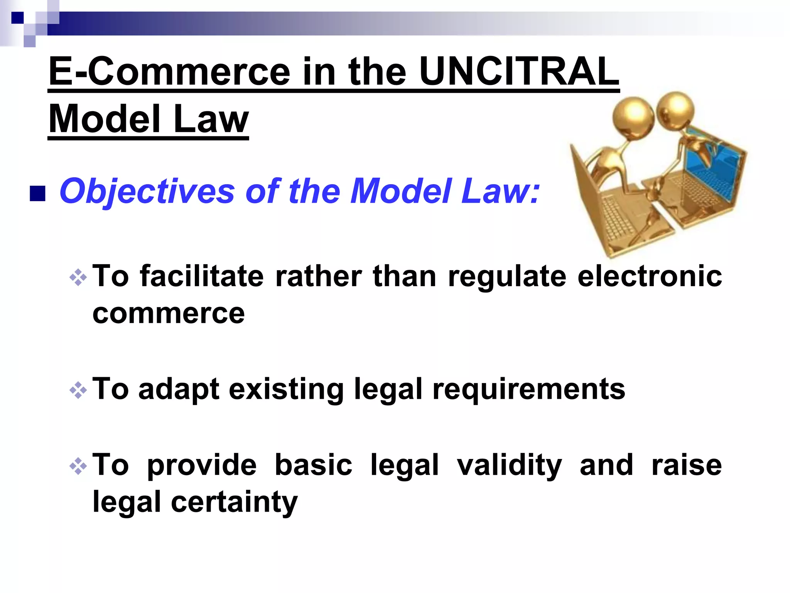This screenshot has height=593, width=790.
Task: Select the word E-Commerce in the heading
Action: tap(169, 72)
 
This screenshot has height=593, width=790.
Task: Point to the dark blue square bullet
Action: tap(37, 194)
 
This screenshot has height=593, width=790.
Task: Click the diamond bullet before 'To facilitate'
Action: tap(78, 277)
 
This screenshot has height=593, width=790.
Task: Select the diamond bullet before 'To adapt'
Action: tap(78, 390)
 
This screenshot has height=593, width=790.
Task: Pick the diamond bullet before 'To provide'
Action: tap(78, 466)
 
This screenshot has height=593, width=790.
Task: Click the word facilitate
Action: tap(202, 276)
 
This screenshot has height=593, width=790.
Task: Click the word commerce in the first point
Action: tap(169, 313)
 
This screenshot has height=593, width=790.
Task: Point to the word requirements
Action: tap(528, 390)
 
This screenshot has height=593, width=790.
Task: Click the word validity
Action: tap(509, 466)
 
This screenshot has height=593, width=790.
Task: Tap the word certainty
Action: tap(234, 502)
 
